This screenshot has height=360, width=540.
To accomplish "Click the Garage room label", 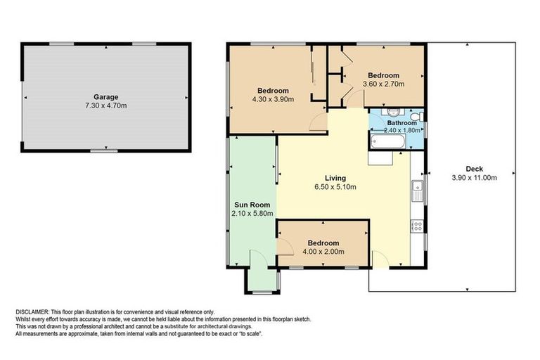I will point(106,97).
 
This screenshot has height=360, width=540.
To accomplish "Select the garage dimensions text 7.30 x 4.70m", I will point(106,105).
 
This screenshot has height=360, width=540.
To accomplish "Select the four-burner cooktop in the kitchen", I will point(417,226).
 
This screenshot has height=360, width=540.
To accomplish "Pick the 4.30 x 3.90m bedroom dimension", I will point(272,99).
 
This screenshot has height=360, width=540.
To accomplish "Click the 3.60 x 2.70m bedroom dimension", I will point(384,84).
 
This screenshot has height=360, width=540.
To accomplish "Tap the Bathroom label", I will point(401,122).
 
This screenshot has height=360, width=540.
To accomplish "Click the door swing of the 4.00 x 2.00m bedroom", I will point(284,246).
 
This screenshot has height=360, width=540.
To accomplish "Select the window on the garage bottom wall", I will point(104,150).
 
